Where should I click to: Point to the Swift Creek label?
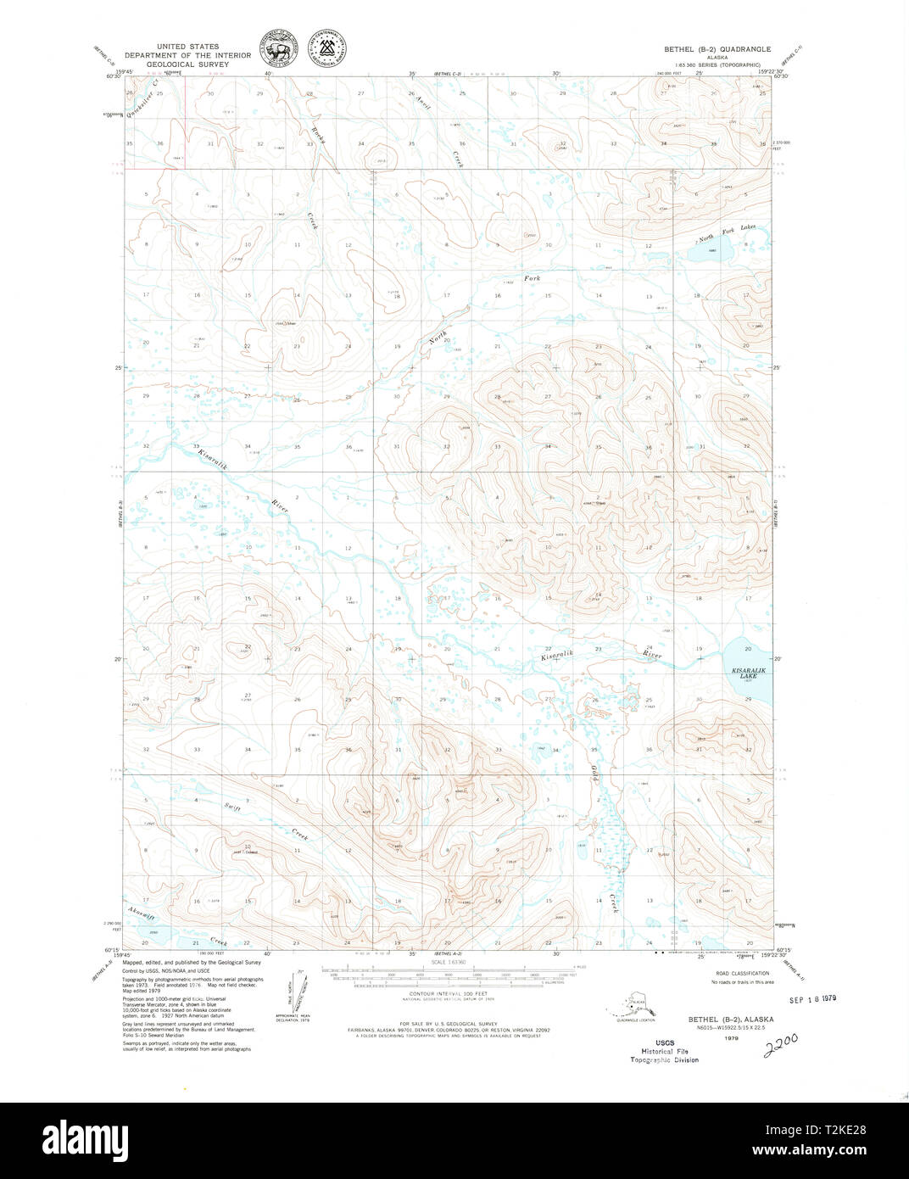point(265,821)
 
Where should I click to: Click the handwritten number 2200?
point(782,1043)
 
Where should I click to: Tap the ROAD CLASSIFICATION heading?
point(742,973)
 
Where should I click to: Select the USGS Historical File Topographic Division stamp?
point(664,1052)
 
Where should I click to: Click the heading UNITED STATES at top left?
point(187,47)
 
